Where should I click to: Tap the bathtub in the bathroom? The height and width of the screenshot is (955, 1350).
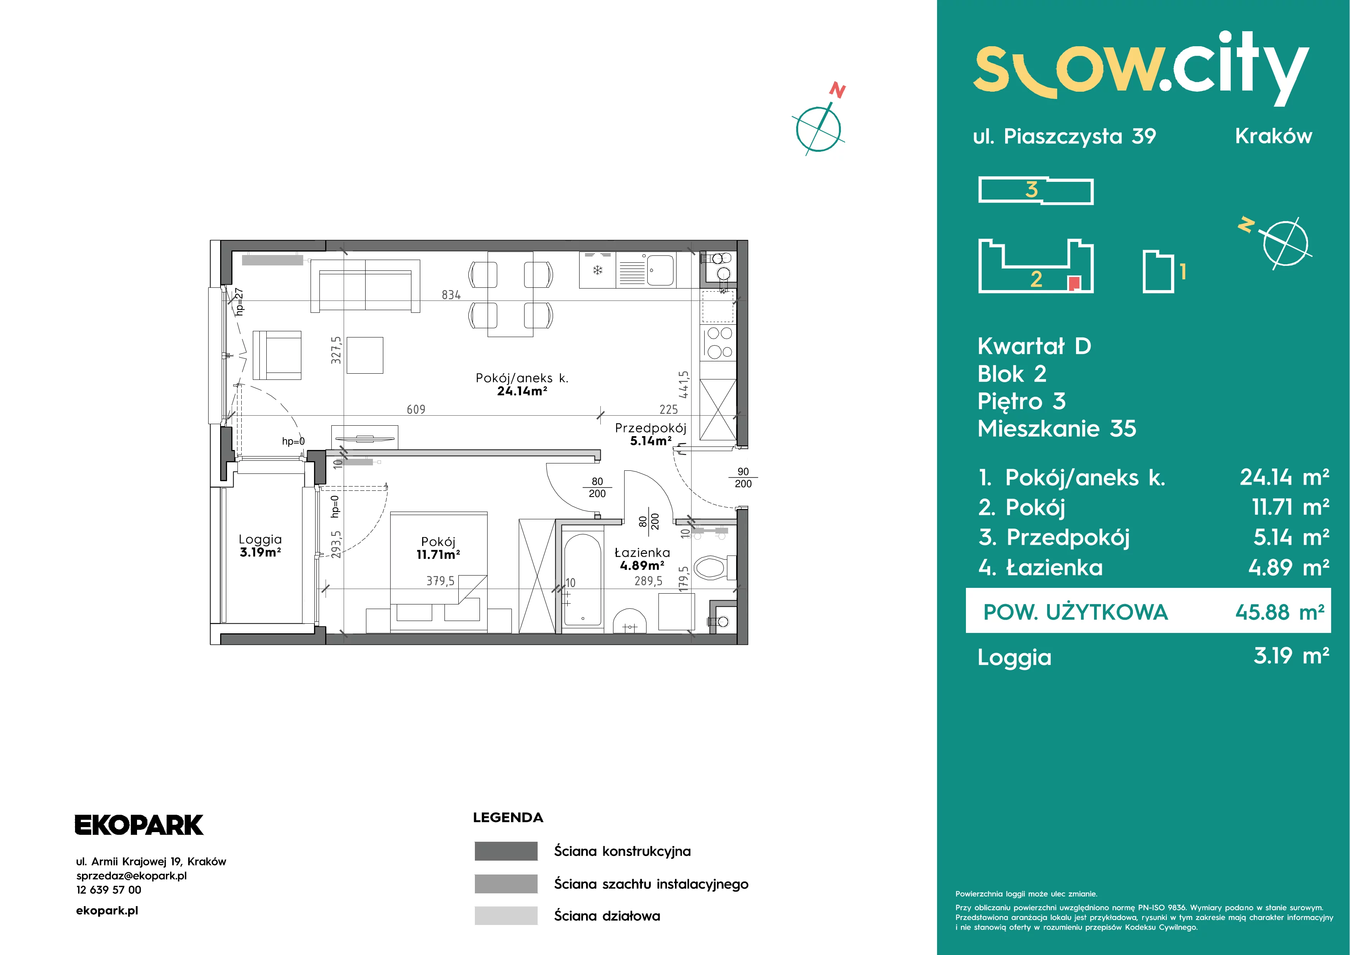click(582, 580)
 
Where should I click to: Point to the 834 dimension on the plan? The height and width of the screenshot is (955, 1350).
click(451, 295)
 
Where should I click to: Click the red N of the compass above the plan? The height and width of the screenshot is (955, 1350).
click(837, 91)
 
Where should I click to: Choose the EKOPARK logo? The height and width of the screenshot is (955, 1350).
click(139, 825)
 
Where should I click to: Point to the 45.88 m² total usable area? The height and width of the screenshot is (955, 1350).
click(1280, 613)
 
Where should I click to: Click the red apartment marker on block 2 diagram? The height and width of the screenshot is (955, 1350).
click(1074, 283)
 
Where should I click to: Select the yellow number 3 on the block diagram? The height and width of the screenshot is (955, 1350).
click(1031, 190)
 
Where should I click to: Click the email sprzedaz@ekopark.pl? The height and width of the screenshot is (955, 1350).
click(132, 876)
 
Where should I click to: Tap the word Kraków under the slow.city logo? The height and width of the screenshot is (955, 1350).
click(1273, 136)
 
